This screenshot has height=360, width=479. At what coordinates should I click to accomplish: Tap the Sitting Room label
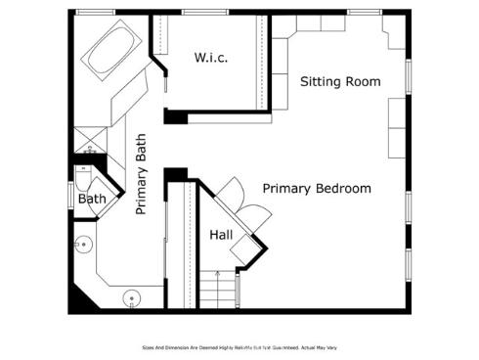pos(339,81)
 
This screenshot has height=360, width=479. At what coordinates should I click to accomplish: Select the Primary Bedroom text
pos(316,188)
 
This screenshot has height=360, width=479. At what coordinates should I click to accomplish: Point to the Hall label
pos(221,235)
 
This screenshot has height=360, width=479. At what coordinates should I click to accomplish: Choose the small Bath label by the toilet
pos(92,199)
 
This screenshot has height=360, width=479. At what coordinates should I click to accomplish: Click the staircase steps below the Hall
pos(222,290)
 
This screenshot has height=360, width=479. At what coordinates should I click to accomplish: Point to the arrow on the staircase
pos(220,279)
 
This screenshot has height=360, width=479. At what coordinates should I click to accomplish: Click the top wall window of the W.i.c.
pos(198,12)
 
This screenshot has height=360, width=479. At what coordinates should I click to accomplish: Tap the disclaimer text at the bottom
pos(239,347)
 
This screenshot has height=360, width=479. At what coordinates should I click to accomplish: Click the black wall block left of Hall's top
pos(176,175)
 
